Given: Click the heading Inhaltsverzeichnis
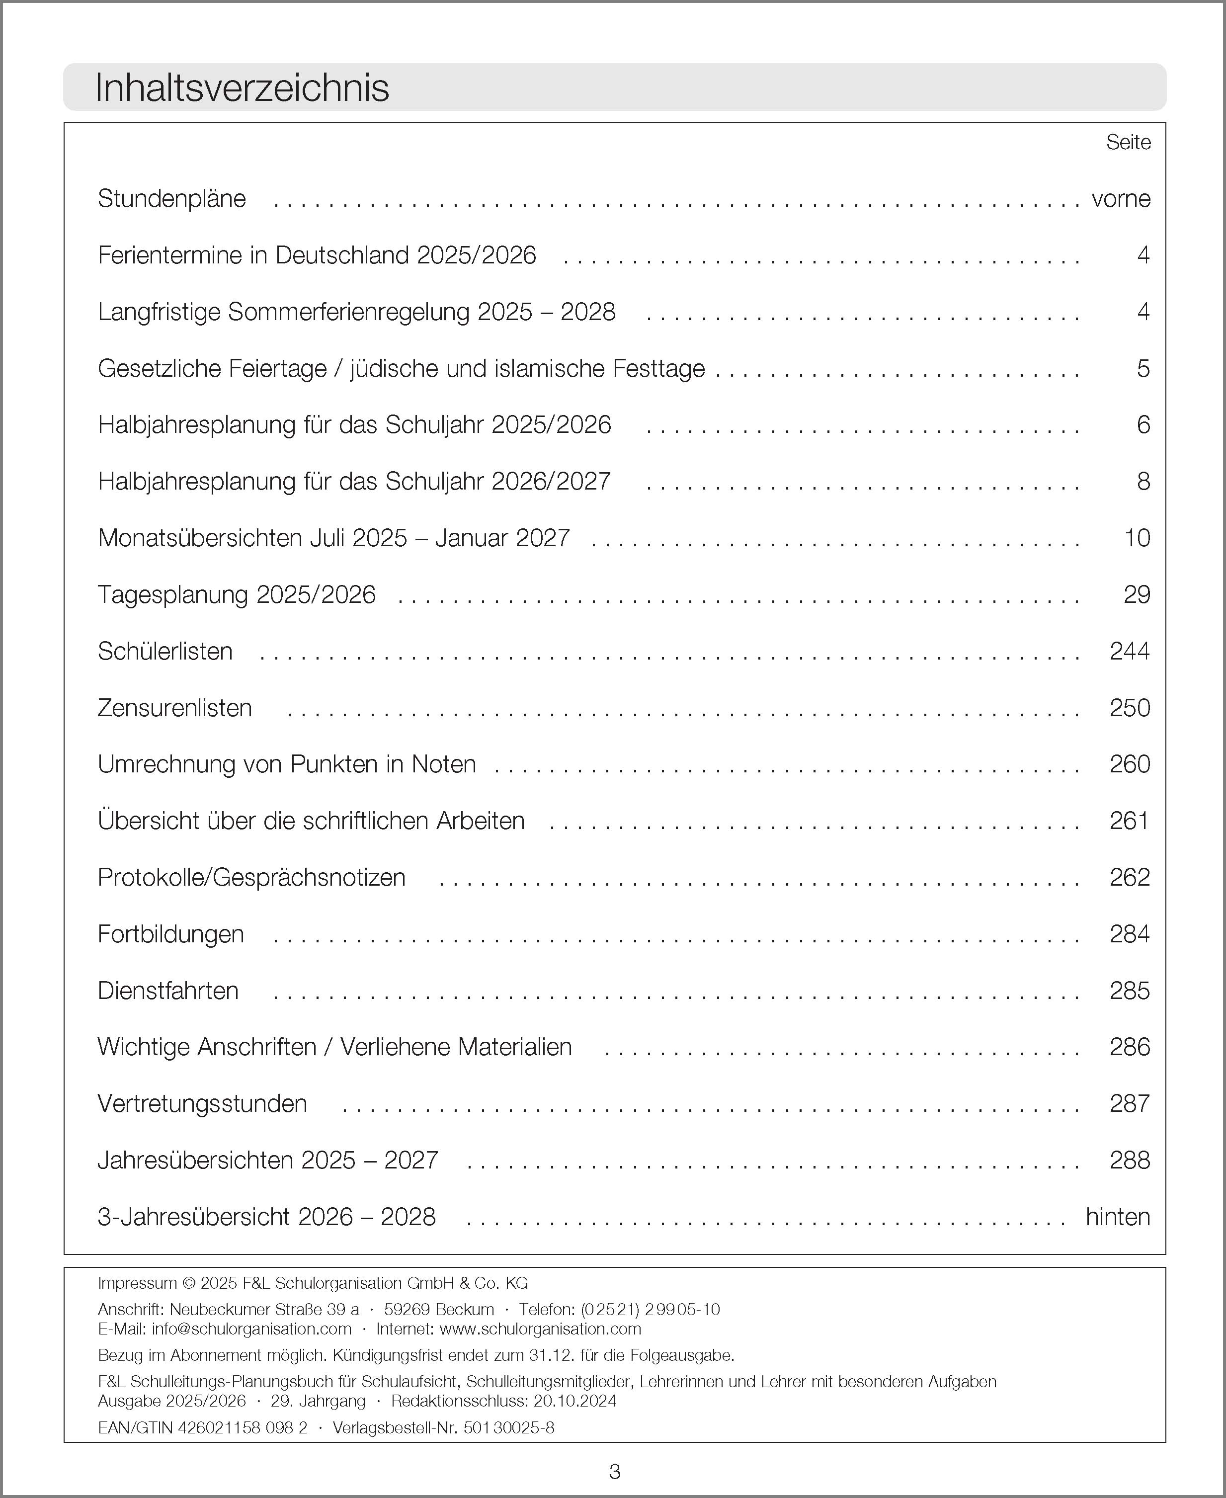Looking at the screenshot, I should coord(242,88).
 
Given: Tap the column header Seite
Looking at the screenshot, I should coord(1128,143).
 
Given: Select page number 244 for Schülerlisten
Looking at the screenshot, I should coord(1129,651).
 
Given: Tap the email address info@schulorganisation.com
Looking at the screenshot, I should coord(251,1329).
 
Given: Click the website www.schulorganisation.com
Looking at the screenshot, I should coord(540,1329).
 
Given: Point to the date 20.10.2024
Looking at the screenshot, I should coord(575,1401).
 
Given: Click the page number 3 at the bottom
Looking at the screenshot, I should coord(614,1472).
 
